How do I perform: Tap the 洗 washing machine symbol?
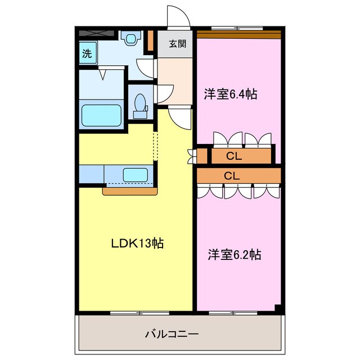[87, 54]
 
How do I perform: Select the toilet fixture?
[140, 105]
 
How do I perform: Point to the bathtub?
[102, 115]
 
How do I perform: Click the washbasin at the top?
[131, 38]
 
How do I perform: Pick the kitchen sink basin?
[136, 175]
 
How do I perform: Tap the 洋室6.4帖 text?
[230, 94]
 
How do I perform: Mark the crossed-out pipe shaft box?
[99, 33]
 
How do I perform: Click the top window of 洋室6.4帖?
[236, 28]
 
